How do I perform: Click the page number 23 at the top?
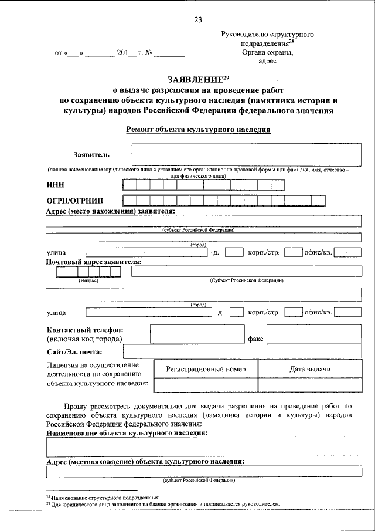[x=197, y=20]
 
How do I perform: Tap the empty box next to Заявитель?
[x=246, y=155]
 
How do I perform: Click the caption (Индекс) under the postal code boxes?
[x=88, y=281]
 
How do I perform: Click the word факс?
[x=257, y=339]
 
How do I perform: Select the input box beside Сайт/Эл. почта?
[x=243, y=352]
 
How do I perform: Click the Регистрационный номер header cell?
[x=205, y=369]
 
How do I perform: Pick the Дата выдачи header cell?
[x=310, y=369]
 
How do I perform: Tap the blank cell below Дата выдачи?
[x=310, y=385]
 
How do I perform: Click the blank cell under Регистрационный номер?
[x=205, y=385]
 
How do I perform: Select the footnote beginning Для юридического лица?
[x=164, y=504]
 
